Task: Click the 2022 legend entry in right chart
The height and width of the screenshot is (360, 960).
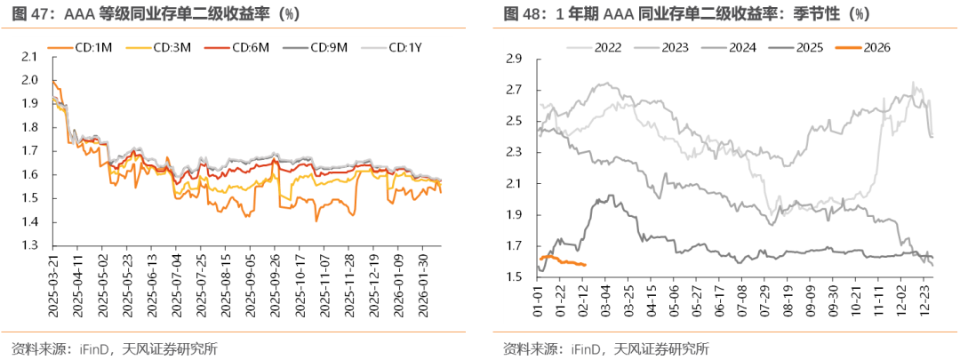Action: click(606, 46)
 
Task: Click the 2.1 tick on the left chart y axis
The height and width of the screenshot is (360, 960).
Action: click(33, 56)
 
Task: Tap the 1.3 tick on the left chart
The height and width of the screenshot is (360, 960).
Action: click(33, 245)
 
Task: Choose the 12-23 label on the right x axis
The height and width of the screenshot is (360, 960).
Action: click(924, 300)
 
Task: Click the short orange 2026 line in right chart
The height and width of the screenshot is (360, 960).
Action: click(560, 260)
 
